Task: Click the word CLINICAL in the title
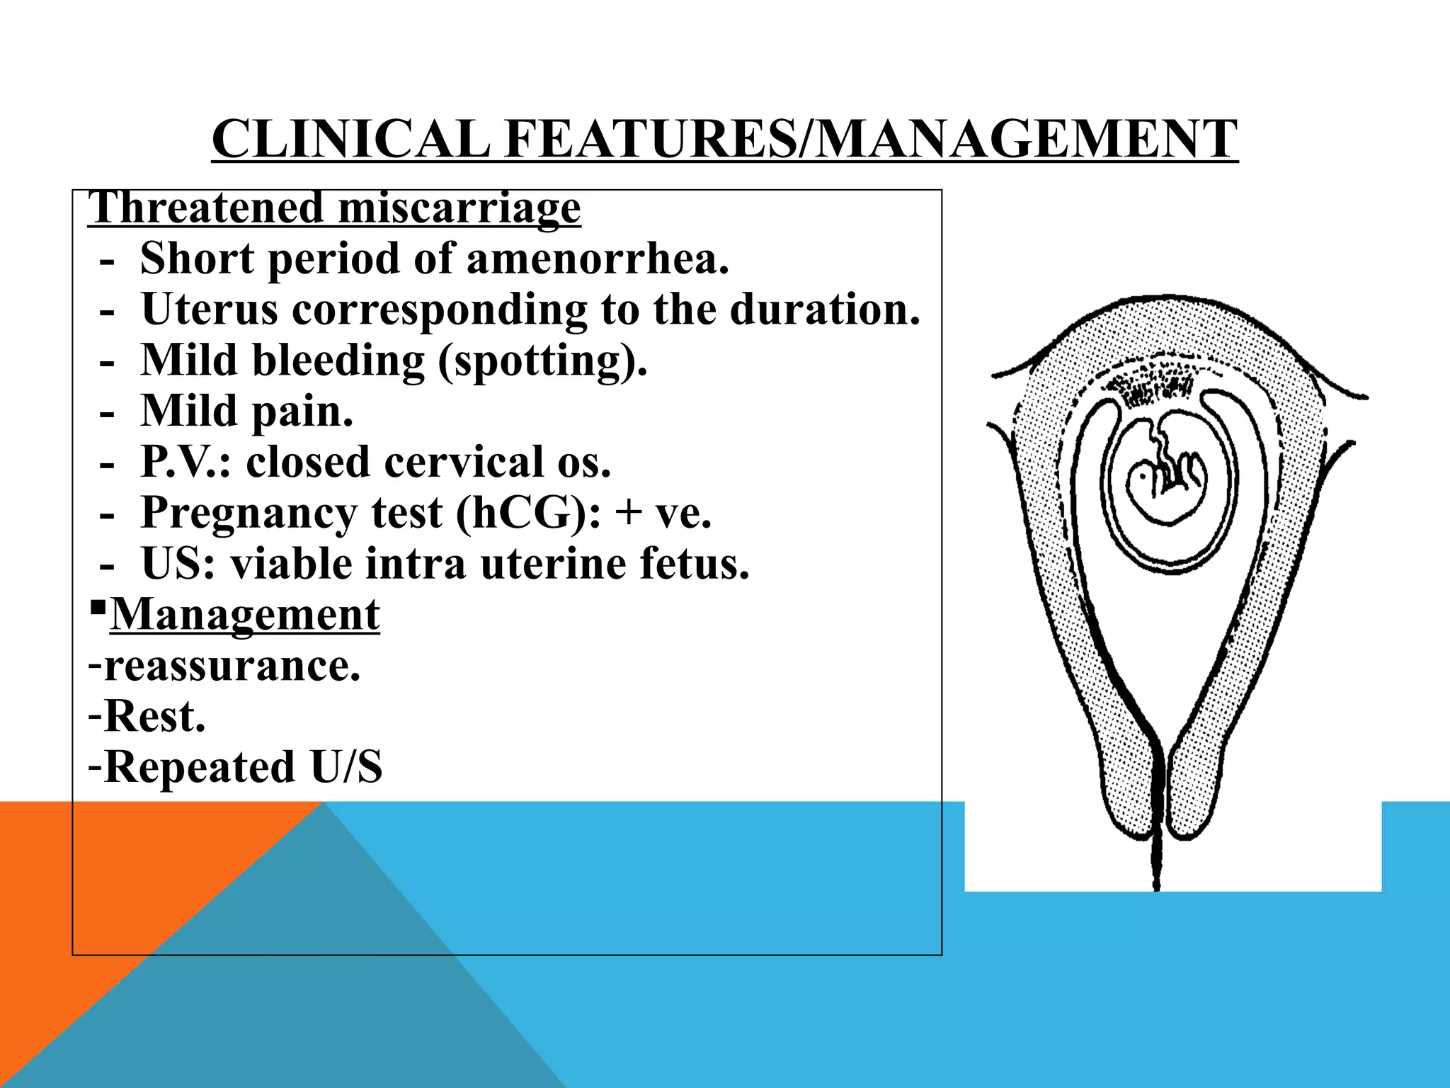click(x=350, y=139)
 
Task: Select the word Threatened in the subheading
click(x=206, y=208)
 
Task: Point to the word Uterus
click(x=210, y=310)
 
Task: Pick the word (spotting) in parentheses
click(x=542, y=361)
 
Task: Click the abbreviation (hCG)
click(x=527, y=514)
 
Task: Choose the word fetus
click(x=694, y=565)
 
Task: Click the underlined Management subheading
click(x=245, y=615)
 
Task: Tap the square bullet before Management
click(x=98, y=608)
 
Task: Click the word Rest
click(x=154, y=717)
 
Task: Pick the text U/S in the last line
click(x=346, y=768)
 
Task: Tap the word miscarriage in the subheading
click(x=459, y=208)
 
